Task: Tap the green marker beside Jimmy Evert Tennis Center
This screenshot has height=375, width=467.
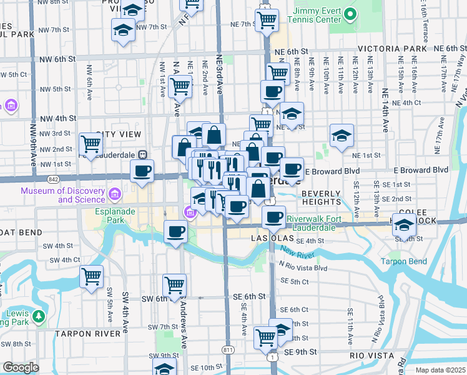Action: (x=350, y=13)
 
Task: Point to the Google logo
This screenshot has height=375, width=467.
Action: (x=21, y=367)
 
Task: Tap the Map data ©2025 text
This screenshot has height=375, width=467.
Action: (x=440, y=370)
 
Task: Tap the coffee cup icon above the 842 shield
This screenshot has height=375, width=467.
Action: (x=142, y=170)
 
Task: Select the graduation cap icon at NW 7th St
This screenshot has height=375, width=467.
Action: (x=124, y=29)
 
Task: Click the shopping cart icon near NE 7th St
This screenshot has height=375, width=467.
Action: (x=267, y=19)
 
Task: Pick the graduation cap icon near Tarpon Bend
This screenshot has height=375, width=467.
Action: (x=404, y=226)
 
